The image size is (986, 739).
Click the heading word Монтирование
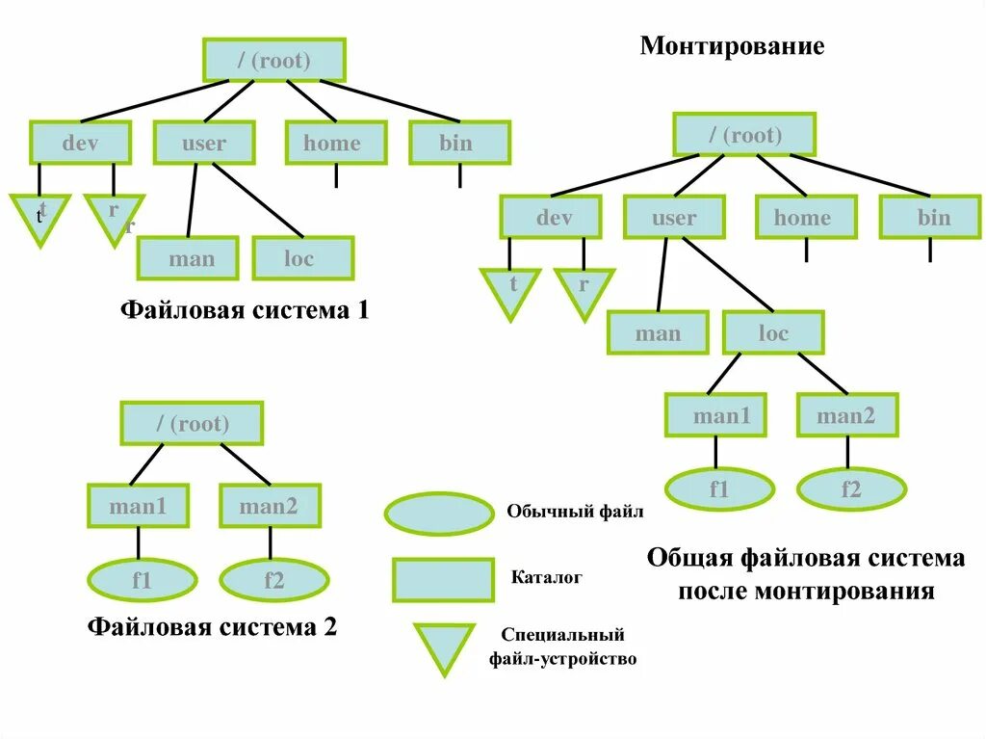[732, 46]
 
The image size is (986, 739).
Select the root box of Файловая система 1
[273, 61]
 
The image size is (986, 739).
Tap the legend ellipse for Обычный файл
[438, 514]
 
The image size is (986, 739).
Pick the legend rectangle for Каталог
[443, 579]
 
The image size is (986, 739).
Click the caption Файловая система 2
[212, 627]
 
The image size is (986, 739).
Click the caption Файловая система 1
[244, 311]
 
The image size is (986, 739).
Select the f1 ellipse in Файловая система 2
[142, 580]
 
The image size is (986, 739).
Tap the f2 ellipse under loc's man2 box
[851, 489]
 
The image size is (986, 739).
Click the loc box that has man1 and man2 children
[773, 333]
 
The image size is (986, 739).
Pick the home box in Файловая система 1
[335, 144]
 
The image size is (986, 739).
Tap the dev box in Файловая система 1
[81, 144]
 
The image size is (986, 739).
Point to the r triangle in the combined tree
[583, 290]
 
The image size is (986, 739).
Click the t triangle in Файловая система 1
[40, 215]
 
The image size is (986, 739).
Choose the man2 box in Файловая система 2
[270, 507]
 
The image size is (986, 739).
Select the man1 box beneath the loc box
[715, 416]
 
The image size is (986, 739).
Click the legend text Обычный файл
[574, 512]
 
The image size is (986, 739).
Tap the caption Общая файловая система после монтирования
[805, 574]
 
